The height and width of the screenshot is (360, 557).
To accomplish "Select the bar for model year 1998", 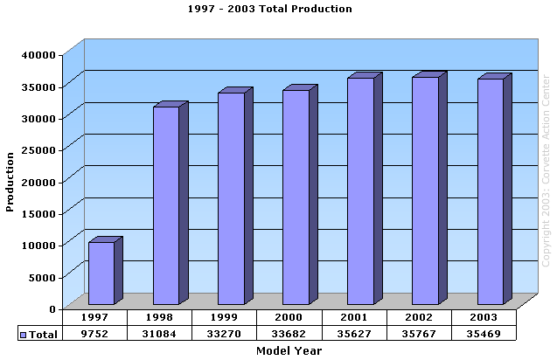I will coord(165,205).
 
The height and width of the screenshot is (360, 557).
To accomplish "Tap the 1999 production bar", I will coord(231,198).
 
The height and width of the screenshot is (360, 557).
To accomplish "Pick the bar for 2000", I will coord(296,197).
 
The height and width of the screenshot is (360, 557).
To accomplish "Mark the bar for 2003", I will coord(490,191).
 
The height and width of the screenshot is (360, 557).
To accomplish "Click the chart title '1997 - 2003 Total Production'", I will coord(270,9).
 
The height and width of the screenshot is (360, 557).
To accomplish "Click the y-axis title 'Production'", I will coord(10,181).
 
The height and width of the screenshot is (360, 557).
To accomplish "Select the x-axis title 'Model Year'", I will coord(289,350).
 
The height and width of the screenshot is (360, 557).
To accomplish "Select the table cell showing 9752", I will coord(94,333).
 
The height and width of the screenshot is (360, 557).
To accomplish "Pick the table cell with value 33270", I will coord(225,333).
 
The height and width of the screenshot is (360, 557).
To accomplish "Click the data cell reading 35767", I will coord(419,333).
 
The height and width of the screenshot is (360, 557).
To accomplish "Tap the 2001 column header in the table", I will coord(354,317).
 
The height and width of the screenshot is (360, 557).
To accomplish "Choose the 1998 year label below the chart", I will coord(159,317).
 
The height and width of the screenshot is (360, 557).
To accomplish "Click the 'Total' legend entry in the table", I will coord(38,334).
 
